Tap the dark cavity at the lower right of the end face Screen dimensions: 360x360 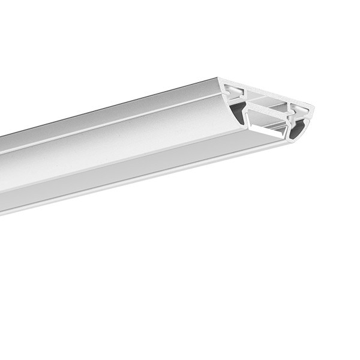tap(295, 127)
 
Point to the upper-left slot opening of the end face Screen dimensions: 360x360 tap(235, 91)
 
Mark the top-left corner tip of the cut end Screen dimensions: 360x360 tap(221, 80)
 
